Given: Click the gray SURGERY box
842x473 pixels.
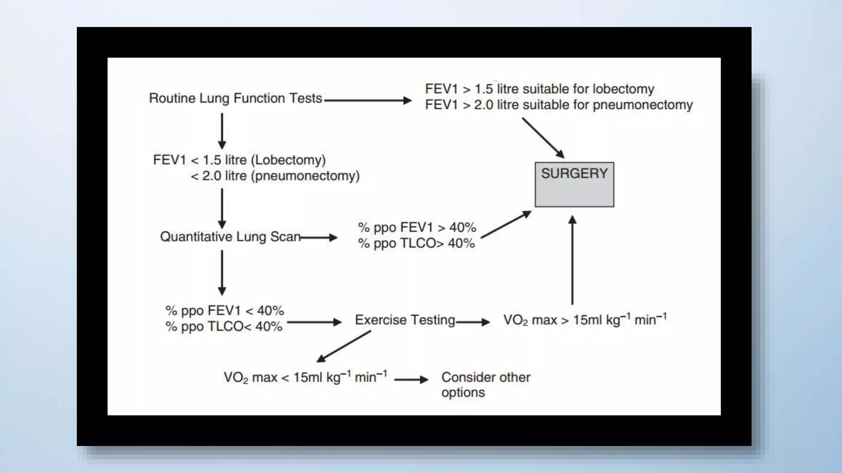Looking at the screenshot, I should (x=574, y=184).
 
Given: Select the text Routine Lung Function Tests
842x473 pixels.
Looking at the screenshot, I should (x=235, y=99).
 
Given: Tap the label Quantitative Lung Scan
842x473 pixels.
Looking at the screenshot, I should (x=230, y=237).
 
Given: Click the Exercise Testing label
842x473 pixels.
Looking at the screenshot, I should (x=405, y=320).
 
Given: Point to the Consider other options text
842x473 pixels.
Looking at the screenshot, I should (x=486, y=384).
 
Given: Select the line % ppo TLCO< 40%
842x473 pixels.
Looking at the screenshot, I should (x=224, y=327).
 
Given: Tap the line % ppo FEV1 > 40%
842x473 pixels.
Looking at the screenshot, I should (x=417, y=227).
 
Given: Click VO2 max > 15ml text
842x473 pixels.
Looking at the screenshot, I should (x=585, y=320).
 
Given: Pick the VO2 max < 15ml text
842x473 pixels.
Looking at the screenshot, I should (x=305, y=377).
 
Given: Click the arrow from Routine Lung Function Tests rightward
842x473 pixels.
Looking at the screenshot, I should (x=368, y=100).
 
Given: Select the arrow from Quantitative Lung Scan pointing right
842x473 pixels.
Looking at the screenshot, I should (x=319, y=237).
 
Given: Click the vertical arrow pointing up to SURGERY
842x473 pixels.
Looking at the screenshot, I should (x=572, y=260).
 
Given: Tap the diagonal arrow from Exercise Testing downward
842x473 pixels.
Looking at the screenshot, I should (x=344, y=347).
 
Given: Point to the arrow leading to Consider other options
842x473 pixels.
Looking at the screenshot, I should (x=411, y=380).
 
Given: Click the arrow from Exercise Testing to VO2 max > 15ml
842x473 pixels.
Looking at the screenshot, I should (x=473, y=322).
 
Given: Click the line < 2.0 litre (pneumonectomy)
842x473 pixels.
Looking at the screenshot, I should (x=275, y=176).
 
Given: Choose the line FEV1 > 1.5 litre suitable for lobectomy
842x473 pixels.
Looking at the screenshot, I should (x=539, y=89).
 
